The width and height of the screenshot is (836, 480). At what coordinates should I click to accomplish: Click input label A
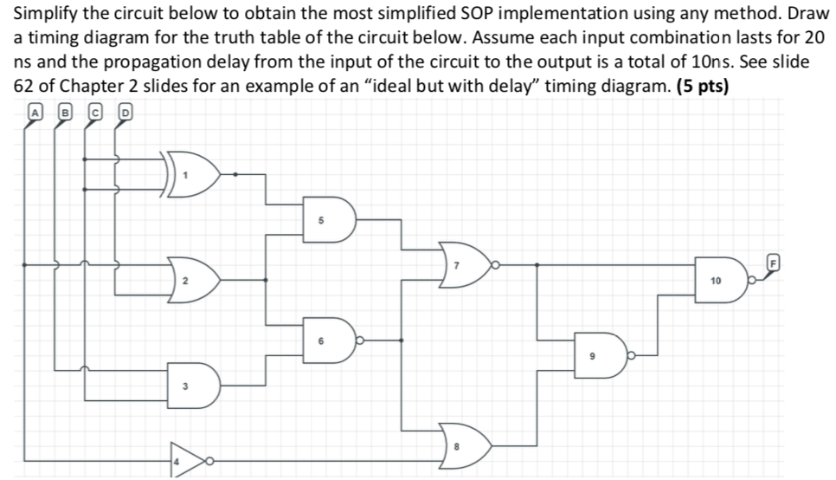(35, 111)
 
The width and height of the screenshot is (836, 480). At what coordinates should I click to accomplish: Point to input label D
(125, 111)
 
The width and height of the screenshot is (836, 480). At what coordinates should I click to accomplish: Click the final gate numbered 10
(718, 280)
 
